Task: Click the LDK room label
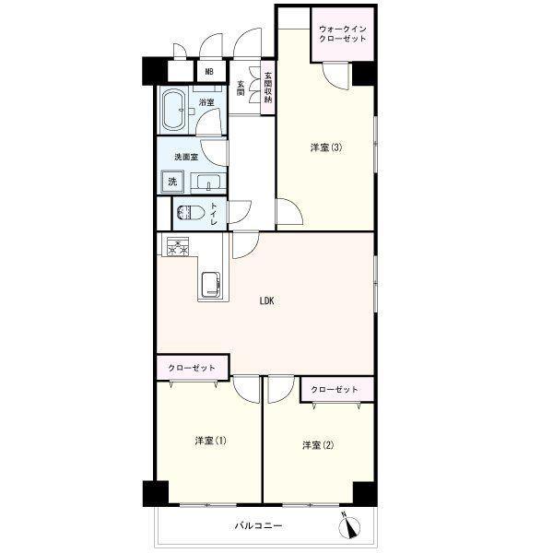click(x=265, y=300)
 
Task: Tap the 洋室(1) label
click(x=211, y=441)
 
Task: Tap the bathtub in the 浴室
click(x=174, y=111)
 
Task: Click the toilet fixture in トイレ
click(x=191, y=213)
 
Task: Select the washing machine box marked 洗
click(x=171, y=182)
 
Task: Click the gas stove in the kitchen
click(x=176, y=246)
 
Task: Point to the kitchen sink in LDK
click(x=209, y=285)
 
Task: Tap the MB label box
click(x=209, y=70)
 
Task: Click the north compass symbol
click(x=349, y=526)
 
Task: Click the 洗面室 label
click(x=187, y=157)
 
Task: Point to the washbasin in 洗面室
click(x=209, y=181)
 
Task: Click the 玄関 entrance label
click(x=241, y=88)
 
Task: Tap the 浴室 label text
click(x=207, y=102)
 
